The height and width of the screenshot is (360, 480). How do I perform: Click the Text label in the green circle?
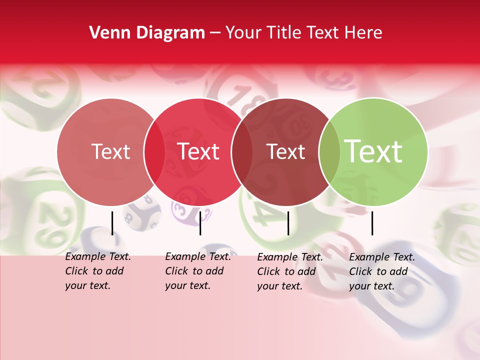[373, 151]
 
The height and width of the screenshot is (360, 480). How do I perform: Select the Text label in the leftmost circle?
[110, 151]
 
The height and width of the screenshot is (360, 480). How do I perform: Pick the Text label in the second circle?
[198, 151]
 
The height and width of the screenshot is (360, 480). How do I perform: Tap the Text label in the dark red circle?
[285, 152]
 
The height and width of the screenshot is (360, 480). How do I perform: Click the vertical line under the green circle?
[372, 223]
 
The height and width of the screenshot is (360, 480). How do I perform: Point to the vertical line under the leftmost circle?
[112, 223]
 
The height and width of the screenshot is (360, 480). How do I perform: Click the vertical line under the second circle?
[200, 223]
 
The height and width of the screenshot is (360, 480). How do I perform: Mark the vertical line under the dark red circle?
[288, 223]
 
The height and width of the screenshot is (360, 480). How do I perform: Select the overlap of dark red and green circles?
[329, 152]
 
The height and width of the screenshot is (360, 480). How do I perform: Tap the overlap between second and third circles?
[242, 152]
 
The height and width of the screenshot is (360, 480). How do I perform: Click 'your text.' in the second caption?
[187, 285]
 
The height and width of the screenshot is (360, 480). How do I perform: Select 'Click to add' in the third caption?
[286, 271]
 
